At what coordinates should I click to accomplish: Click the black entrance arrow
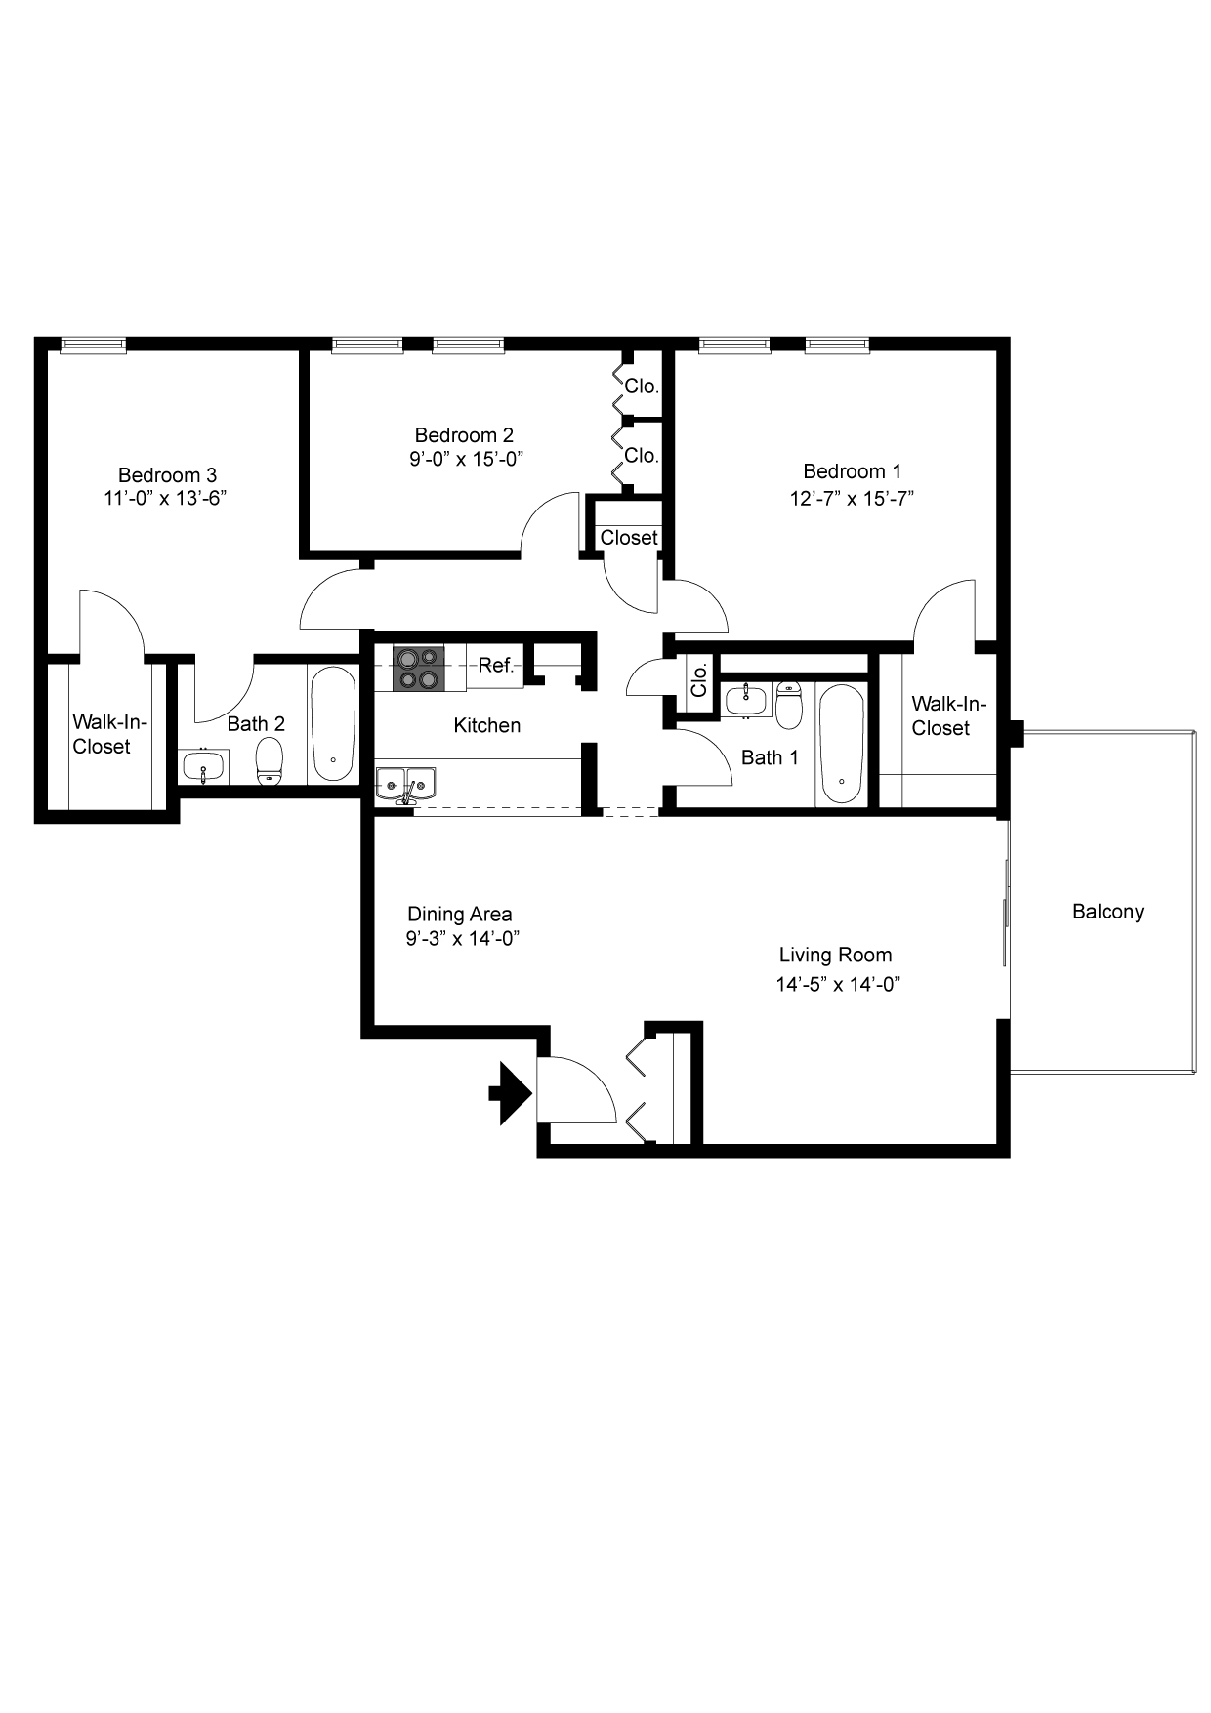510,1093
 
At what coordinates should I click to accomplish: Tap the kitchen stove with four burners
418,669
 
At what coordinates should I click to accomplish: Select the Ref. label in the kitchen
496,666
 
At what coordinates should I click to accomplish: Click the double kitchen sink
406,783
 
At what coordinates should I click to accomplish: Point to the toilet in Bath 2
269,761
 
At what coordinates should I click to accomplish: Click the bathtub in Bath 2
333,724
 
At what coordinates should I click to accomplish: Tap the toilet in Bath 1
788,705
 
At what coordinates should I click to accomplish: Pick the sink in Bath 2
203,766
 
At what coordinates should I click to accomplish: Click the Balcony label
1107,912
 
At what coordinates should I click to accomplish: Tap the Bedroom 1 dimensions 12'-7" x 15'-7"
852,498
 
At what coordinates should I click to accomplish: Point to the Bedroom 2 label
464,435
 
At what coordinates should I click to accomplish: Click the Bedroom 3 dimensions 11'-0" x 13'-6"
166,498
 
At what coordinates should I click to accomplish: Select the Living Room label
835,955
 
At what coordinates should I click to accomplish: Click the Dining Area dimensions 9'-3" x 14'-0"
462,938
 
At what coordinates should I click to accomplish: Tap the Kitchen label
487,725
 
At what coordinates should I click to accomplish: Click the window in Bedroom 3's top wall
93,344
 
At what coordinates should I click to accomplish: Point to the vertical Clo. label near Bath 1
699,680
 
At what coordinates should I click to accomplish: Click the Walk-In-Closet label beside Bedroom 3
109,734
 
